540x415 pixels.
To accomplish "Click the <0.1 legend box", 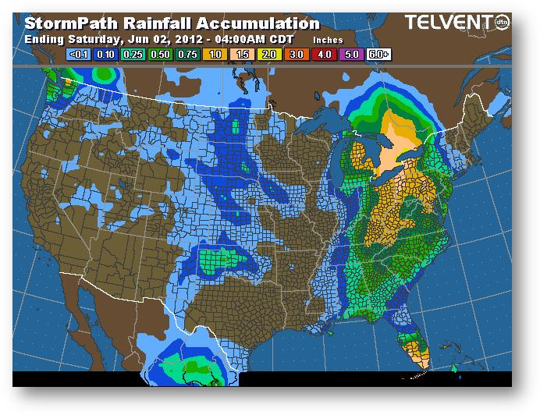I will [80, 55].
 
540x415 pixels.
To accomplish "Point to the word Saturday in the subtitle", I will [90, 38].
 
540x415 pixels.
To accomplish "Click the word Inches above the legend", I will [327, 39].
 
